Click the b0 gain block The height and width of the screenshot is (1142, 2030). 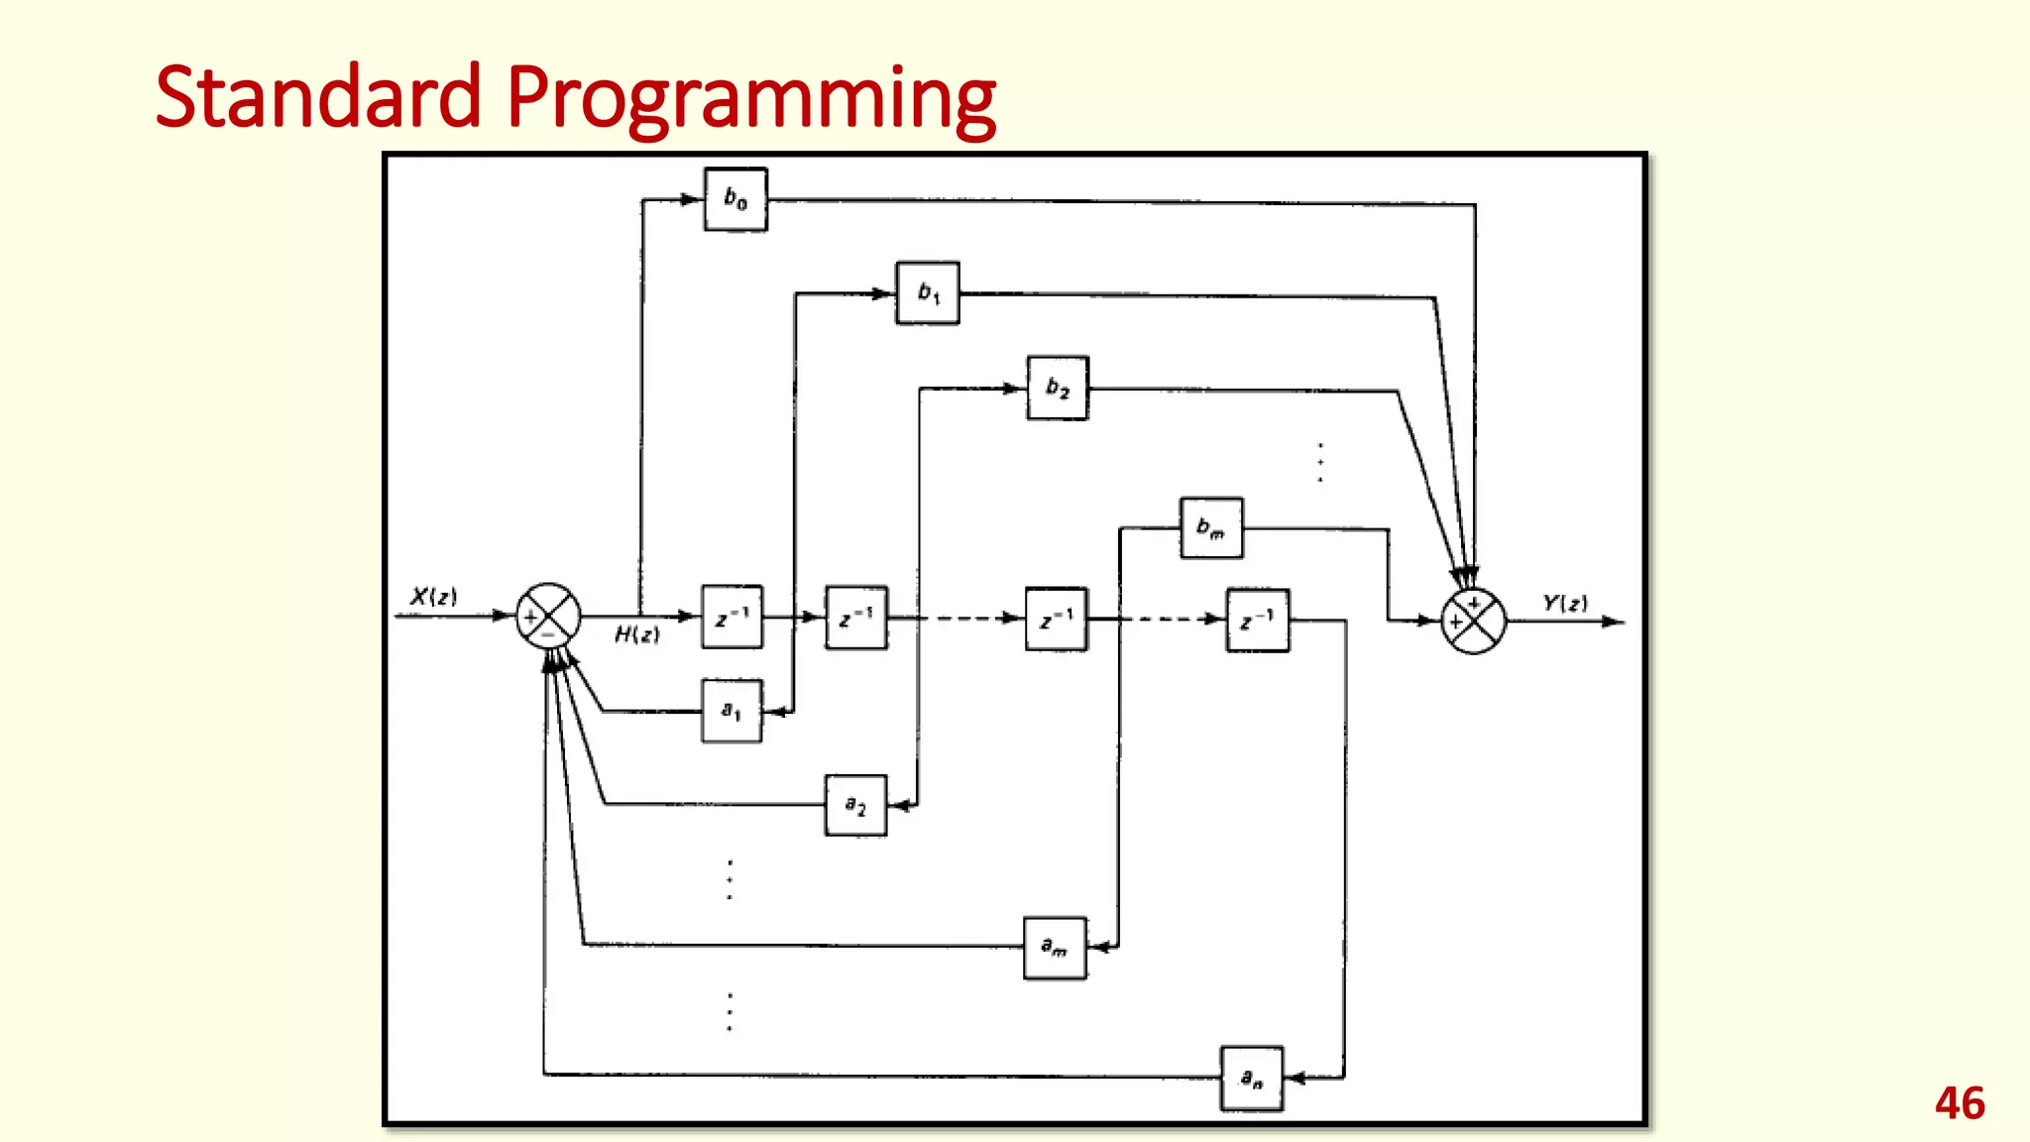pyautogui.click(x=735, y=199)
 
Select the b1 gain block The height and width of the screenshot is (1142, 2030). pyautogui.click(x=928, y=293)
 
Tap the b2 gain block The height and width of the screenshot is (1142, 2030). pyautogui.click(x=1058, y=388)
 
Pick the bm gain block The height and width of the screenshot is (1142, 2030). pyautogui.click(x=1211, y=528)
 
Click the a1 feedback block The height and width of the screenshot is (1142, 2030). pyautogui.click(x=732, y=711)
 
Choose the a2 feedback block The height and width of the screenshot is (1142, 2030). pyautogui.click(x=855, y=805)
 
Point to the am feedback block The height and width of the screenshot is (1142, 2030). pyautogui.click(x=1055, y=948)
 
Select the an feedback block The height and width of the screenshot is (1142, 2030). pyautogui.click(x=1252, y=1078)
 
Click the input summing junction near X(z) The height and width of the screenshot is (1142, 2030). pyautogui.click(x=548, y=617)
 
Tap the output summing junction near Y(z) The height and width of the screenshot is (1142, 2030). pyautogui.click(x=1473, y=622)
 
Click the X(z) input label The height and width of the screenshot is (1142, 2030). pyautogui.click(x=433, y=597)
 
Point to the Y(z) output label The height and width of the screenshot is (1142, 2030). pyautogui.click(x=1565, y=603)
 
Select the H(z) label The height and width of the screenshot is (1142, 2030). pyautogui.click(x=636, y=634)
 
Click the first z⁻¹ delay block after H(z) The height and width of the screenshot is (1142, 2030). pyautogui.click(x=733, y=618)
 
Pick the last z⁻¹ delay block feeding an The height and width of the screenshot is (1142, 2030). pyautogui.click(x=1258, y=621)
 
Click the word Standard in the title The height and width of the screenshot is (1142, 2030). pyautogui.click(x=318, y=97)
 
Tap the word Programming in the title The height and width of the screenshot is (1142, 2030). pyautogui.click(x=751, y=99)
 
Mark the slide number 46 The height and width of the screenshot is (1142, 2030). pyautogui.click(x=1960, y=1103)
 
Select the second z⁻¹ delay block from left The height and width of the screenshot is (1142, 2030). pyautogui.click(x=856, y=618)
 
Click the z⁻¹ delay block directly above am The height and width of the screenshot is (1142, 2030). pyautogui.click(x=1057, y=620)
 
